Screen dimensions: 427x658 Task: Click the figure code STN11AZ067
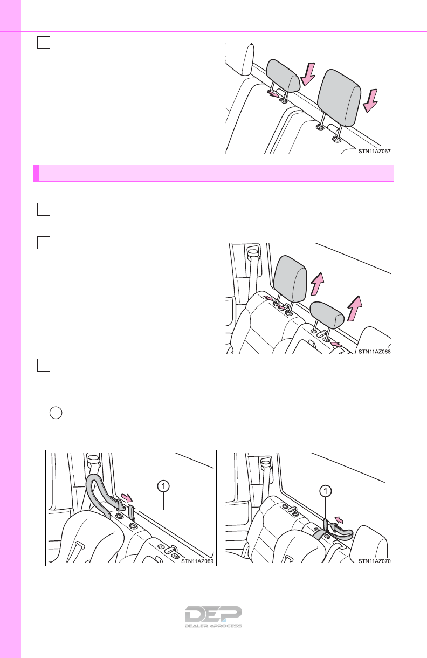click(x=374, y=151)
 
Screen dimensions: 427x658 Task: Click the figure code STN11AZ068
click(x=374, y=352)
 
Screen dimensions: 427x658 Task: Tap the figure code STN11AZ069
click(x=197, y=561)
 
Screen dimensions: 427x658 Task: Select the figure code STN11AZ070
click(x=374, y=561)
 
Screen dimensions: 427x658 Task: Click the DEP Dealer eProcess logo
click(x=213, y=616)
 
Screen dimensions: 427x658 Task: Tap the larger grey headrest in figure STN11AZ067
click(x=339, y=98)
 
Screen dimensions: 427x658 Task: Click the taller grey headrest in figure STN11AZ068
click(x=290, y=279)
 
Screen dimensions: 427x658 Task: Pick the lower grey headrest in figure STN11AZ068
click(x=327, y=315)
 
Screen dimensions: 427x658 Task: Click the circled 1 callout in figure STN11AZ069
click(x=163, y=486)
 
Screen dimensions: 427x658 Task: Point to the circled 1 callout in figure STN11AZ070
click(x=325, y=491)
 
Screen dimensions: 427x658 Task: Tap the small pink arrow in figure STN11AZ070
click(x=339, y=520)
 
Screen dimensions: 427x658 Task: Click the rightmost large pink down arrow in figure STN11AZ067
click(x=370, y=101)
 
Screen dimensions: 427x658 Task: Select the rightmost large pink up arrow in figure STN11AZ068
click(x=354, y=309)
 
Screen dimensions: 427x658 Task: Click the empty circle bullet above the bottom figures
click(x=56, y=413)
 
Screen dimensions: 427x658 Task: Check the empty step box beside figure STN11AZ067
click(x=44, y=42)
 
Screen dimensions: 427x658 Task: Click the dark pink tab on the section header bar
click(x=36, y=173)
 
